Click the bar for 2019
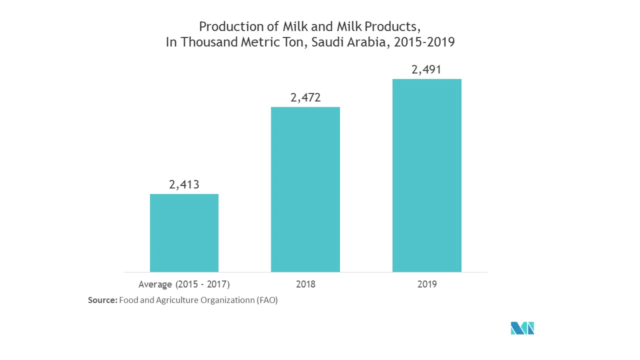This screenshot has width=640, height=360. (x=426, y=175)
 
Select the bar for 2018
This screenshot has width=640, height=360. (x=305, y=189)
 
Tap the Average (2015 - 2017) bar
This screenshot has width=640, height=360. (x=184, y=233)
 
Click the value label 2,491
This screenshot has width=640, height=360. (x=426, y=69)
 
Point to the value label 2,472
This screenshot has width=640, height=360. (x=305, y=97)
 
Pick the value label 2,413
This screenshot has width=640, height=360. (x=184, y=184)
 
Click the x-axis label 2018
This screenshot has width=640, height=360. (x=305, y=284)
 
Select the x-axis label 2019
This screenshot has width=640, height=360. (x=426, y=284)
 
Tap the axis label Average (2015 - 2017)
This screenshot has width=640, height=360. (x=184, y=284)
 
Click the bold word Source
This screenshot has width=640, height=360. (x=102, y=300)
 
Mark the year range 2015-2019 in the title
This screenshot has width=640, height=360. (x=424, y=42)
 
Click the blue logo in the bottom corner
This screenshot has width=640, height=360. (x=522, y=328)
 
